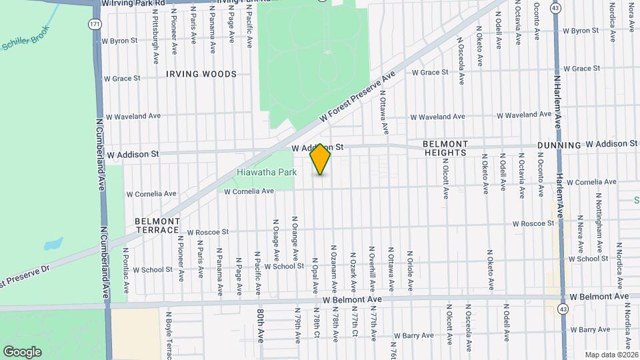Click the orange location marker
point(321,159)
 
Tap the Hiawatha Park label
point(267,172)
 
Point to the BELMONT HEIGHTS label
point(445,148)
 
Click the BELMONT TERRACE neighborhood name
point(157,225)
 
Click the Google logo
point(22,351)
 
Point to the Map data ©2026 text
point(611,354)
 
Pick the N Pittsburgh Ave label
point(155,34)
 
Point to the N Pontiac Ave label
point(126,270)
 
